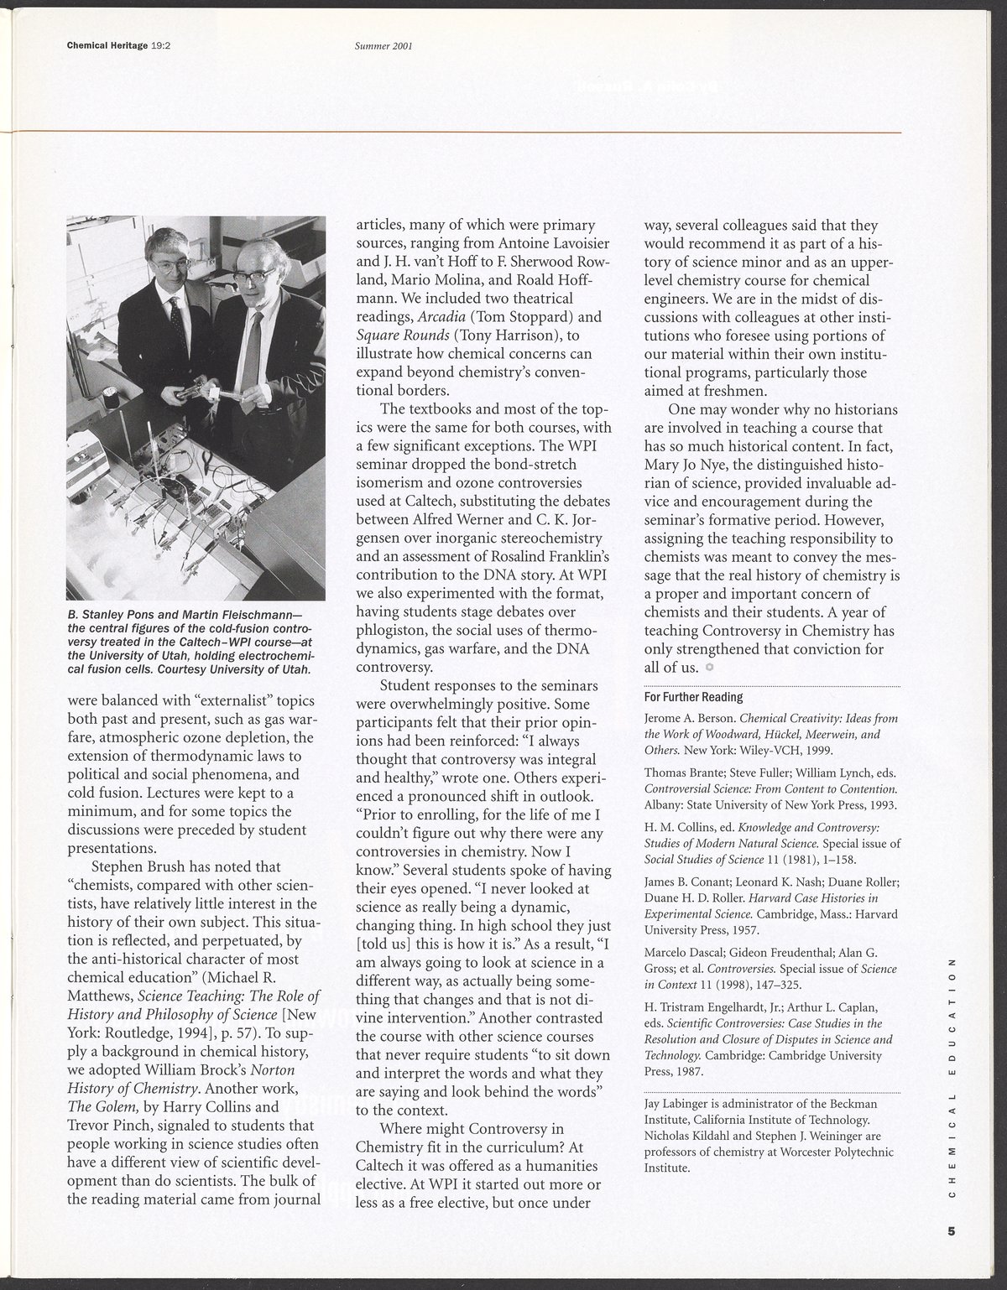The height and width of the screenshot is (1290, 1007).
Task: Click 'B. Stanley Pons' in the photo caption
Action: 109,623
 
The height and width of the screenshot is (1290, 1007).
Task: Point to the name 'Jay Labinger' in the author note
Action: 676,1105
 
